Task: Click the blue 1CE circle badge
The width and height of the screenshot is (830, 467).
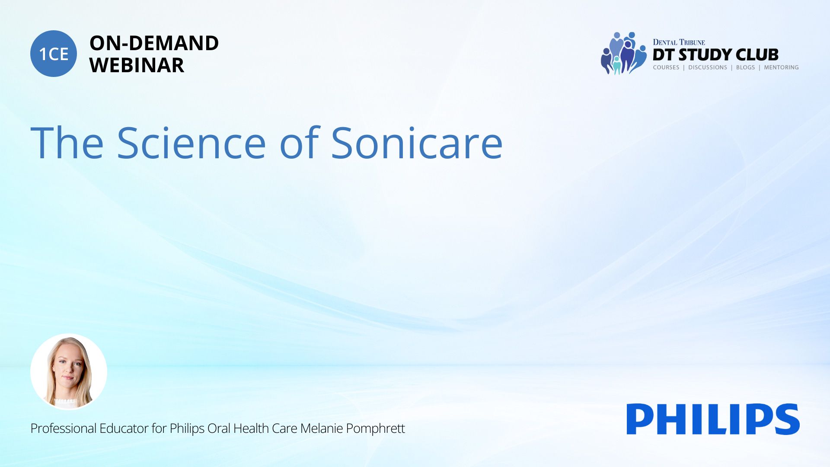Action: pos(54,54)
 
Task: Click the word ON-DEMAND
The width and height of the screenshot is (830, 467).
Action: pos(154,43)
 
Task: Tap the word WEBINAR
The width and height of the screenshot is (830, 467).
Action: pos(137,65)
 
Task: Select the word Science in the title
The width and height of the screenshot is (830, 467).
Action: pos(191,143)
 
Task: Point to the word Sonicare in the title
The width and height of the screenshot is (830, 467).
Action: pos(417,143)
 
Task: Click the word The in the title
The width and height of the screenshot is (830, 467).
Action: pos(67,143)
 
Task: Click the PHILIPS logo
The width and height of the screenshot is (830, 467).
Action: pos(713,419)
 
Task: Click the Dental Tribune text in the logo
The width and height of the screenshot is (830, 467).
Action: pos(679,42)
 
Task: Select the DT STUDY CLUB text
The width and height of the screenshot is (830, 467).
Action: pos(715,54)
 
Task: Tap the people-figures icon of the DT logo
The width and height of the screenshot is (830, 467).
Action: pos(623,53)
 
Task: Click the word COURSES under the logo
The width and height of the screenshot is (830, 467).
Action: pos(666,67)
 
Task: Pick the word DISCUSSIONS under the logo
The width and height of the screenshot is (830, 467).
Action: pos(708,67)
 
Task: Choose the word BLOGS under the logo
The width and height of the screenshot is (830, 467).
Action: pos(745,67)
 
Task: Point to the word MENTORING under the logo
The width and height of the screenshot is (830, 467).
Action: pos(781,67)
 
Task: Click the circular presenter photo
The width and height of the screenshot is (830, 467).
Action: pos(69,372)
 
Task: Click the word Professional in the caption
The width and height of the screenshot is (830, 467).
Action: pos(63,428)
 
